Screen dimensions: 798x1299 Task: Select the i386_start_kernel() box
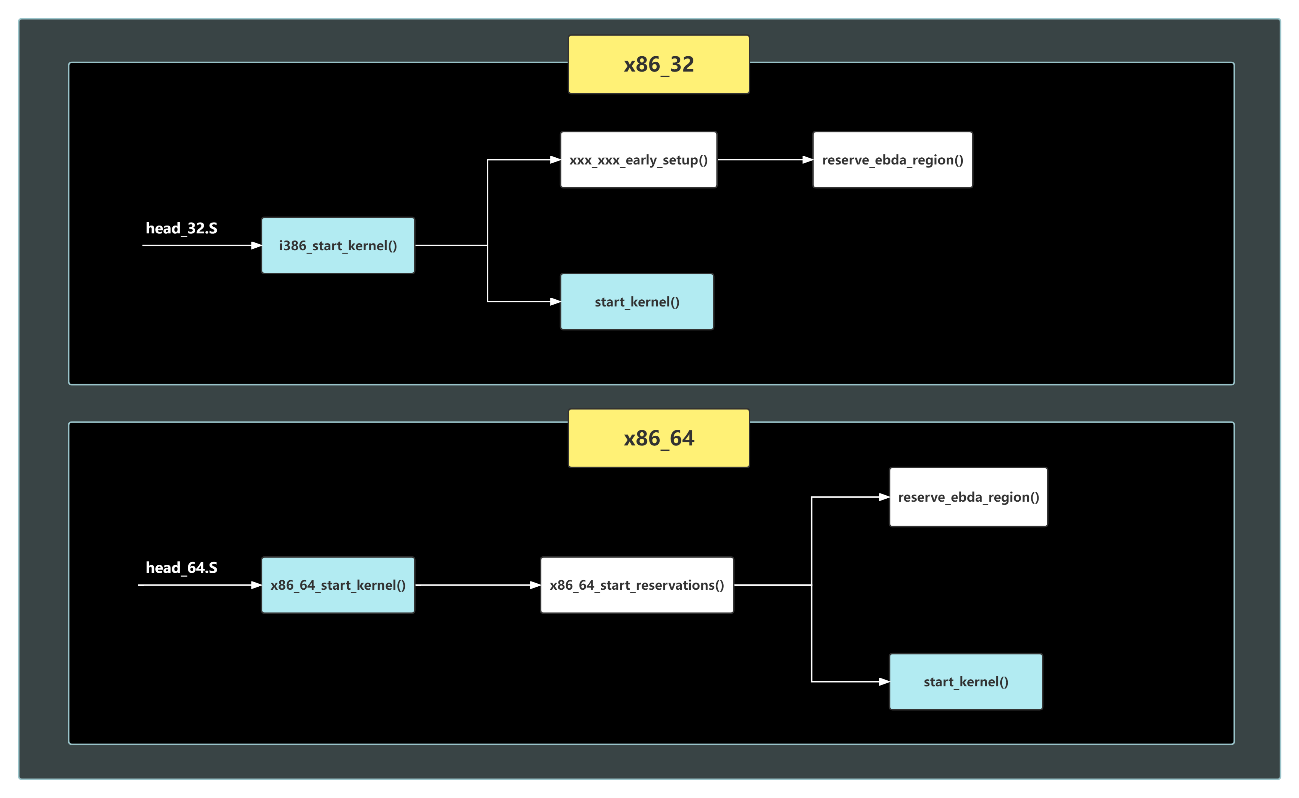point(338,245)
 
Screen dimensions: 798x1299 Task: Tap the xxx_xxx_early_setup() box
point(638,159)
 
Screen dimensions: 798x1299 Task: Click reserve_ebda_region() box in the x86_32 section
point(892,159)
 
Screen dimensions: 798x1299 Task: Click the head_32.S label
point(181,228)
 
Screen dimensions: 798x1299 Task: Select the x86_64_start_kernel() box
point(338,585)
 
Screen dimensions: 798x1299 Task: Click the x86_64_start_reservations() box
point(636,585)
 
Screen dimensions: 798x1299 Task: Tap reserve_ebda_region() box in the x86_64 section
point(968,497)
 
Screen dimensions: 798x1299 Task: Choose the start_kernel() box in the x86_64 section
point(965,681)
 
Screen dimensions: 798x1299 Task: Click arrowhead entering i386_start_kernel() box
point(256,245)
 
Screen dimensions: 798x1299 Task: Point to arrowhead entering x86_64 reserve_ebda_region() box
point(884,497)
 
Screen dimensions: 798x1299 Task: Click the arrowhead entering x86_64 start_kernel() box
point(884,681)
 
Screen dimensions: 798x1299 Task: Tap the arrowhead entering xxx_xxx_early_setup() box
point(555,159)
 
